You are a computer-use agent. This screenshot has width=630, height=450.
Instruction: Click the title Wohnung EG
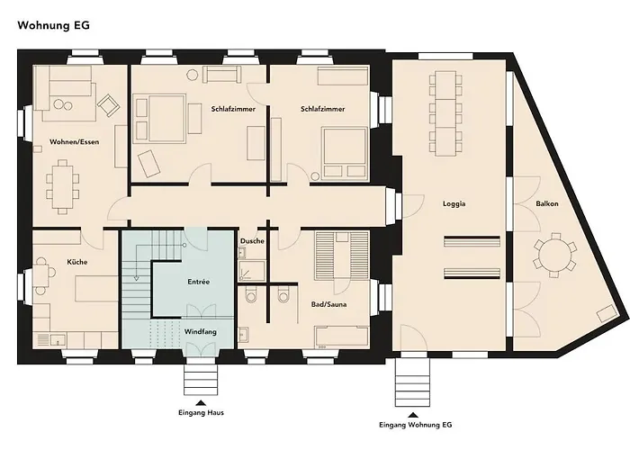coord(53,25)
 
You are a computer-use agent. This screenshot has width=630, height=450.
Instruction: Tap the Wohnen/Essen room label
coord(75,142)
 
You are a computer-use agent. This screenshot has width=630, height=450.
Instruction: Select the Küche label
coord(77,262)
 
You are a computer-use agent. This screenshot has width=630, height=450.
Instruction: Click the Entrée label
coord(199,282)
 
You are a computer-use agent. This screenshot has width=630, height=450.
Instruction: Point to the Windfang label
coord(201,332)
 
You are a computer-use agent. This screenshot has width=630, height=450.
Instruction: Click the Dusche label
coord(252,241)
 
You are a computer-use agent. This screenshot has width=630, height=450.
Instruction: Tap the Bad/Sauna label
coord(328,304)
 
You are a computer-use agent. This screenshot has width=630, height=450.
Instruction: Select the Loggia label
coord(454,203)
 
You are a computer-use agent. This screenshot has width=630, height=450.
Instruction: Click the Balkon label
coord(547,203)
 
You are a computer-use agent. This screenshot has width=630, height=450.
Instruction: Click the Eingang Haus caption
coord(201,412)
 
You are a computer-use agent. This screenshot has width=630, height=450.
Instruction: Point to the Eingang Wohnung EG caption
coord(416,425)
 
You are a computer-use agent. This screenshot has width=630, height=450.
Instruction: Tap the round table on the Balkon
coord(554,255)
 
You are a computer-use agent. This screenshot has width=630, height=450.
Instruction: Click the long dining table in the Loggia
coord(445,112)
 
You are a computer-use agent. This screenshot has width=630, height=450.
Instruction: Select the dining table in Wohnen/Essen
coord(62,186)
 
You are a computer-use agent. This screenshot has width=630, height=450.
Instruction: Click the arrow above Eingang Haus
coord(201,403)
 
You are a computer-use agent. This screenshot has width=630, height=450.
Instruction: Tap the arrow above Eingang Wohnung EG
coord(413,415)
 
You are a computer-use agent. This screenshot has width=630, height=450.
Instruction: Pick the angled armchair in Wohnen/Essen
coord(109,105)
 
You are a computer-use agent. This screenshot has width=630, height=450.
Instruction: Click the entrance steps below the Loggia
coord(412,382)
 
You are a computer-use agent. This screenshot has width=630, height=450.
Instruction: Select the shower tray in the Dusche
coord(251,271)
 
